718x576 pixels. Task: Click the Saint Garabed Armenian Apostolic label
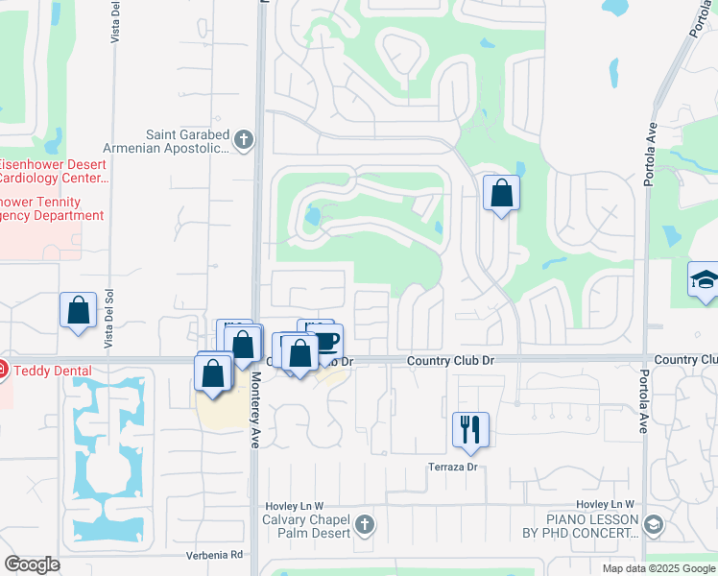tap(186, 141)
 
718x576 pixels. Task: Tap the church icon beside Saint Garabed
tap(244, 141)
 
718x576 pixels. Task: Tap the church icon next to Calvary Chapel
tap(363, 524)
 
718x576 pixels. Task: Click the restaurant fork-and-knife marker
tap(470, 428)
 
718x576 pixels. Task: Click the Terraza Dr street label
tap(453, 468)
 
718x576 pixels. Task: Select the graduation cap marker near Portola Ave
tap(705, 281)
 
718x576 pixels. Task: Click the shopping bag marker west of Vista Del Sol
tap(79, 311)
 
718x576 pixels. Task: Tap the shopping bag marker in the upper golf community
tap(501, 194)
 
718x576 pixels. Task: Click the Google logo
tap(32, 564)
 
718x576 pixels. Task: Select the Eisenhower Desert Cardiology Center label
tap(53, 171)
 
